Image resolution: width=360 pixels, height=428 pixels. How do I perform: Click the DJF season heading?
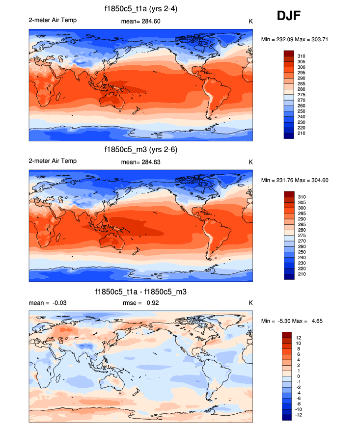click(x=288, y=16)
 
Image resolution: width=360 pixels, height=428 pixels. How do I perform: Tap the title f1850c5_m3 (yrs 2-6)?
click(x=141, y=150)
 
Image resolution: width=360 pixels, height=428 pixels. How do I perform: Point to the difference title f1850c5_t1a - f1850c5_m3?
click(x=141, y=292)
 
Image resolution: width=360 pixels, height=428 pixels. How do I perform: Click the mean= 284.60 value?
click(x=140, y=22)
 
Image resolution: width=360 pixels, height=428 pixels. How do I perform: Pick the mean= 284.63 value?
click(x=140, y=162)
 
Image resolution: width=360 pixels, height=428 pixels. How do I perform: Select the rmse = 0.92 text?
click(x=140, y=303)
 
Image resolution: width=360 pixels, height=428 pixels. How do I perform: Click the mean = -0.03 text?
click(x=48, y=303)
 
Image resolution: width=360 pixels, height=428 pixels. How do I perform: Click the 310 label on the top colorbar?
click(x=302, y=56)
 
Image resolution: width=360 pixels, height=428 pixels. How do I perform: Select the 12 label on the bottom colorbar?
click(x=298, y=338)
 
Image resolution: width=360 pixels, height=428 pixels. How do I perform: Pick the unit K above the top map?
click(x=250, y=22)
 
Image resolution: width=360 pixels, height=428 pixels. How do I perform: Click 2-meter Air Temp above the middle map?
click(x=53, y=161)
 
